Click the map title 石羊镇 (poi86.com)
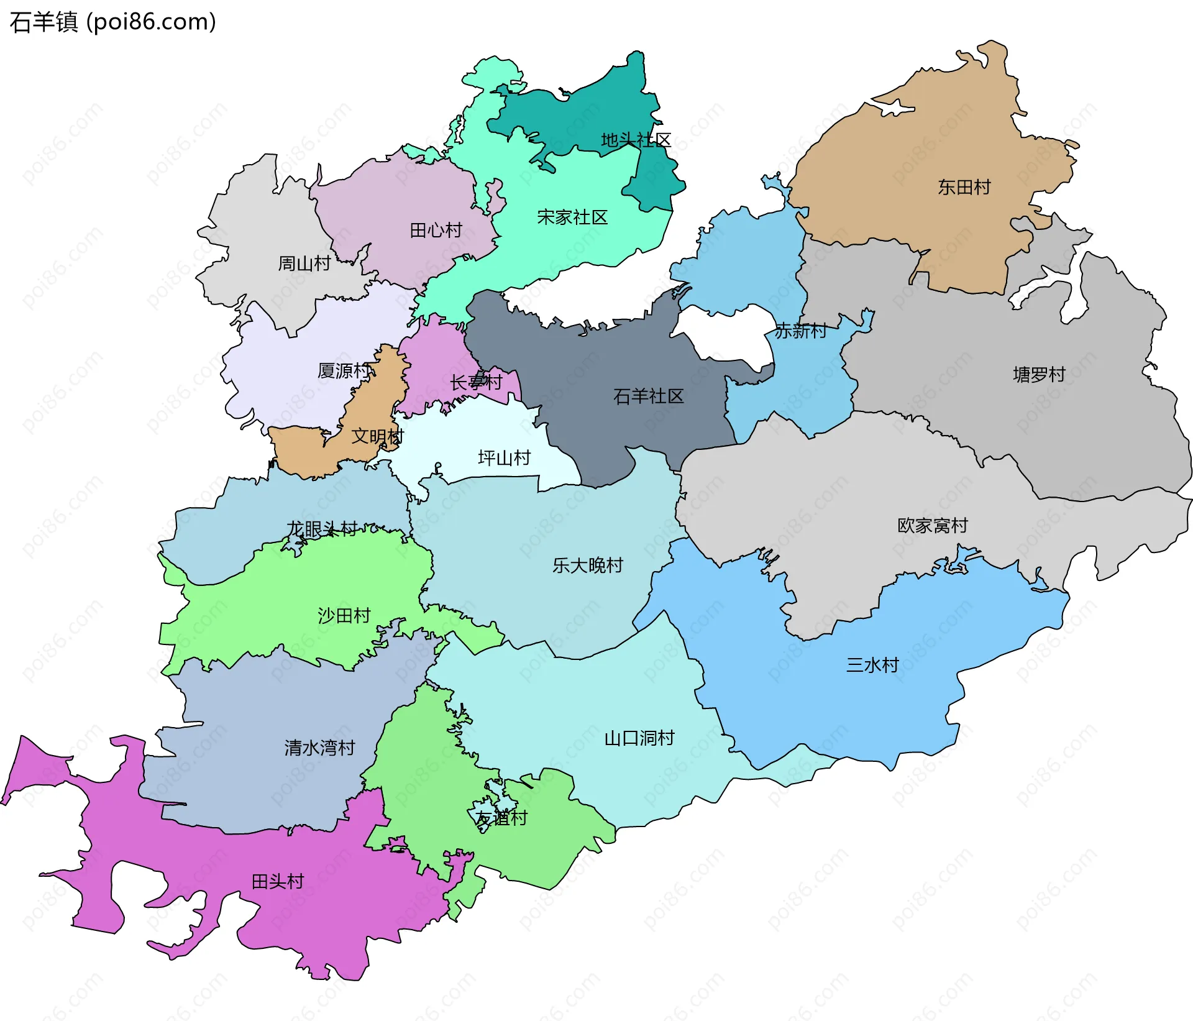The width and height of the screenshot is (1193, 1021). tap(112, 22)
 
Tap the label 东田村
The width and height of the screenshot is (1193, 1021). tap(964, 187)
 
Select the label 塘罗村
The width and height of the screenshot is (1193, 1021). tap(1039, 374)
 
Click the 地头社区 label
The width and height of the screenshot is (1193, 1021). tap(636, 140)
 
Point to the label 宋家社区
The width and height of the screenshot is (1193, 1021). tap(572, 217)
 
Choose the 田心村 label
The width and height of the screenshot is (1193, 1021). tap(436, 231)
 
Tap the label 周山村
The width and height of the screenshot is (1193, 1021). tap(304, 263)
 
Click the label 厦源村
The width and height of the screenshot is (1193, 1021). tap(344, 371)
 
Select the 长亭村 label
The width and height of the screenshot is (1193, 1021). tap(476, 382)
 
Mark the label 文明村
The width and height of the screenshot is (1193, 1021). tap(377, 436)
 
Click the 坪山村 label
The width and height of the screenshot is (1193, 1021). tap(504, 458)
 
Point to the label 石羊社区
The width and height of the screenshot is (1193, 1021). tap(648, 396)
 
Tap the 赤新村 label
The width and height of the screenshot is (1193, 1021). tap(800, 331)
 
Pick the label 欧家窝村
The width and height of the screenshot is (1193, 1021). tap(933, 526)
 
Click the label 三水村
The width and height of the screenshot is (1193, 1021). tap(872, 665)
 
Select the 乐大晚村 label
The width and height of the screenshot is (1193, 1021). tap(587, 565)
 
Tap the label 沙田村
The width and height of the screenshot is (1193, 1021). tap(344, 615)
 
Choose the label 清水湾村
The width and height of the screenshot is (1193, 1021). tap(319, 747)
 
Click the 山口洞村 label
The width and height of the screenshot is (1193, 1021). tap(639, 738)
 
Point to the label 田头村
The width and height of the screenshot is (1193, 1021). tap(277, 881)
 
